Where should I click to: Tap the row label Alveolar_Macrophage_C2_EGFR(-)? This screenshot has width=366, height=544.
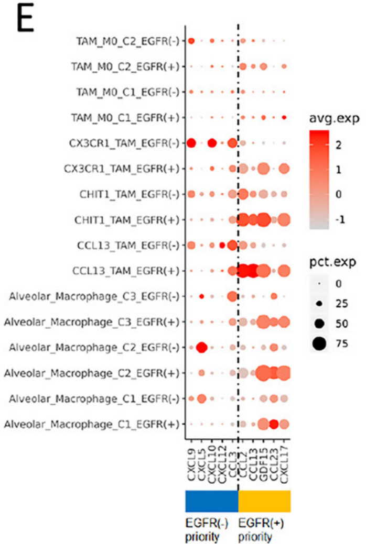pyautogui.click(x=94, y=347)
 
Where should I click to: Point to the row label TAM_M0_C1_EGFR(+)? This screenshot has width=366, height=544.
pyautogui.click(x=129, y=117)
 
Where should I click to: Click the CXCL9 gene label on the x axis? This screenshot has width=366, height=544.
pyautogui.click(x=191, y=469)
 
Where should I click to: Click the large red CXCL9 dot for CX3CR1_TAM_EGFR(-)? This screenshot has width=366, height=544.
pyautogui.click(x=191, y=143)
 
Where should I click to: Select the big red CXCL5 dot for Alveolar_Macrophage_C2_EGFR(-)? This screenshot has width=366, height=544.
pyautogui.click(x=201, y=347)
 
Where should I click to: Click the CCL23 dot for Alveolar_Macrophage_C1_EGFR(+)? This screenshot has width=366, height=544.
pyautogui.click(x=274, y=424)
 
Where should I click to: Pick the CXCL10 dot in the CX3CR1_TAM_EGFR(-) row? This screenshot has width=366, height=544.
pyautogui.click(x=212, y=143)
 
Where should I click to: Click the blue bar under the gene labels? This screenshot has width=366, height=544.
pyautogui.click(x=211, y=501)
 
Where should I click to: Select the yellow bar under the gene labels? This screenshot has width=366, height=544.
pyautogui.click(x=264, y=501)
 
